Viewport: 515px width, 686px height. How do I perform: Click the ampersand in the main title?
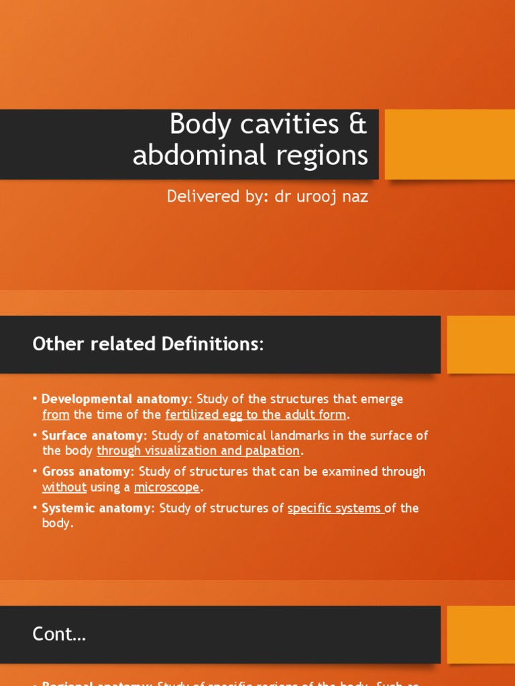point(356,125)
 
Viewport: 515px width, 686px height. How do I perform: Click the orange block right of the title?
point(449,144)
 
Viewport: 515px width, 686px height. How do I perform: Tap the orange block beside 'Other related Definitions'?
point(481,344)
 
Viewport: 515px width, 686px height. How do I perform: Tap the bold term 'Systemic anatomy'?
point(97,508)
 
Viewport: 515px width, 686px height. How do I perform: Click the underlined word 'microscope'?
point(167,487)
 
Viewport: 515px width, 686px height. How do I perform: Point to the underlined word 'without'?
point(64,487)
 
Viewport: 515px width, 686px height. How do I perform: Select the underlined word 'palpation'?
point(273,451)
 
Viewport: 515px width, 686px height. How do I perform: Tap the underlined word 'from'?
point(56,415)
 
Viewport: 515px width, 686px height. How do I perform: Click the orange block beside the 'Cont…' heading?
point(481,634)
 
